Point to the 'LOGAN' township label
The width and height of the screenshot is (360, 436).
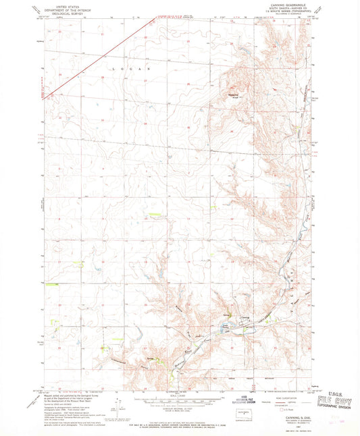[x=136, y=69]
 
